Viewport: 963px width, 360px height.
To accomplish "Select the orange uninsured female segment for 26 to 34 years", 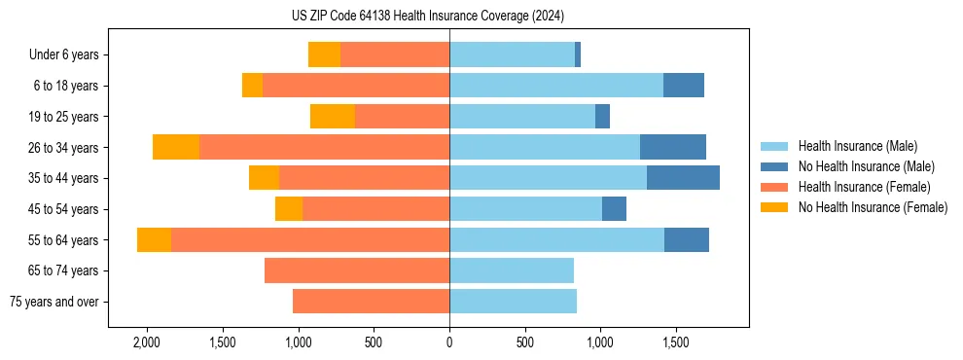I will click(x=176, y=147).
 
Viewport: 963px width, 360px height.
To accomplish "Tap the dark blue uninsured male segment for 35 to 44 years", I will click(x=683, y=178).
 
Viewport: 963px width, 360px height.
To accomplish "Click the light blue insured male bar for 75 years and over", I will click(x=513, y=302).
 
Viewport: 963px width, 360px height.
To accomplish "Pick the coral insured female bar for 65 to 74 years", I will click(x=357, y=270).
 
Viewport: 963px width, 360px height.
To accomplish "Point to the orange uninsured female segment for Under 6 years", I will click(x=324, y=54).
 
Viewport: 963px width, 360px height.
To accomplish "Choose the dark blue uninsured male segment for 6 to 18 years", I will click(x=684, y=86).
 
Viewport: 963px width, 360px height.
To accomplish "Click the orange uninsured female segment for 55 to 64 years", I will click(x=154, y=239).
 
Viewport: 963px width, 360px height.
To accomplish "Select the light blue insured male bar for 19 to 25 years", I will click(x=522, y=117).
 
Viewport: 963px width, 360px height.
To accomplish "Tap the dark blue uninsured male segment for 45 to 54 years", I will click(x=614, y=209).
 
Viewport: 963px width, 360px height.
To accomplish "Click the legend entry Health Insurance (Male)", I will click(x=857, y=146).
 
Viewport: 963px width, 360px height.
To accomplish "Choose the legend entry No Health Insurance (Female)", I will click(x=873, y=207).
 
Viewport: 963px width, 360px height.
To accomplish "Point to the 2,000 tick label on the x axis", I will click(x=147, y=342).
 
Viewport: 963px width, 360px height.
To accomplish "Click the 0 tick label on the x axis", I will click(x=449, y=342).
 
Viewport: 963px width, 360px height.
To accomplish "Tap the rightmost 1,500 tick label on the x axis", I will click(x=675, y=342).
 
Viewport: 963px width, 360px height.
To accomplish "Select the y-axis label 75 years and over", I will click(x=53, y=303).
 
